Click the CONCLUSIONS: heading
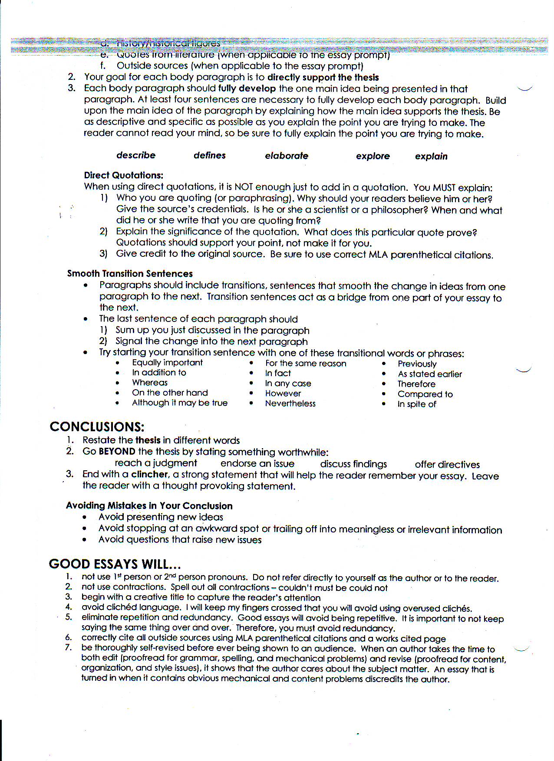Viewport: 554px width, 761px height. point(97,426)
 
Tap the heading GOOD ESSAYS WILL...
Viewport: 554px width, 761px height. point(115,564)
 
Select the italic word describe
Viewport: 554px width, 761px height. point(136,155)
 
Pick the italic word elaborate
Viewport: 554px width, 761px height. point(287,156)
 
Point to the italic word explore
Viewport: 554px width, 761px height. point(373,156)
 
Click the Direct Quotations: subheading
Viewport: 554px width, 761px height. point(124,175)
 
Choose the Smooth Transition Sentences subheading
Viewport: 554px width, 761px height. point(130,273)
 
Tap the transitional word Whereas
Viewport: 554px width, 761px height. point(150,383)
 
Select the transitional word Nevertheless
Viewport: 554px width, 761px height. point(290,403)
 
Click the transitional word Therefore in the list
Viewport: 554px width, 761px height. point(416,384)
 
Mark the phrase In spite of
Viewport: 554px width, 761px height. point(417,404)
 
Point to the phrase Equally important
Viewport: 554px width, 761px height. point(168,363)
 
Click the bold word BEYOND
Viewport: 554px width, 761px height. point(117,451)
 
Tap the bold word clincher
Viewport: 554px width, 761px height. point(150,474)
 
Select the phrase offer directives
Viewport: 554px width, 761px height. point(447,464)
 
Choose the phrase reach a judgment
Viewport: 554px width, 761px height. point(156,463)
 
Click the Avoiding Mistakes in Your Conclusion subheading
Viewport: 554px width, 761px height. point(149,505)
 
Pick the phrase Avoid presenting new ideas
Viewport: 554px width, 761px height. point(161,517)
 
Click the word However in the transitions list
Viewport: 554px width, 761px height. point(283,394)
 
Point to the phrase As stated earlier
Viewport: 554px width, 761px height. point(430,374)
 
